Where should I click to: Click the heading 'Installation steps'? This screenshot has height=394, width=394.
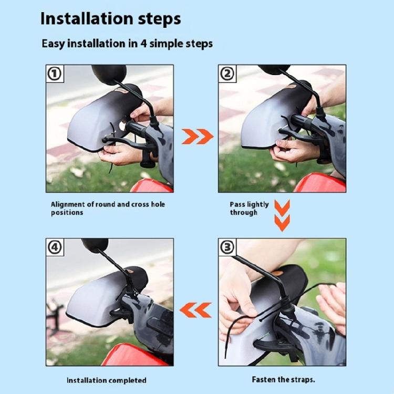point(110,18)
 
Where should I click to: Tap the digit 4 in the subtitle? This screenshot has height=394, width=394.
point(143,44)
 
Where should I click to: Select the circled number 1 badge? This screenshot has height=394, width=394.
point(55,74)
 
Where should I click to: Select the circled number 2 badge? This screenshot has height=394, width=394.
point(227,74)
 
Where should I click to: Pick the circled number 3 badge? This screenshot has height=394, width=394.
point(227,247)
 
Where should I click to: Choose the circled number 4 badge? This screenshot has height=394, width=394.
point(55,247)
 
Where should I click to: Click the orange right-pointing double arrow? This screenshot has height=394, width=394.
point(198,137)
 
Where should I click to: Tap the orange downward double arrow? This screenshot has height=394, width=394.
point(282,215)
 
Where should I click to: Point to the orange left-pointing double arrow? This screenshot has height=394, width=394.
point(195,310)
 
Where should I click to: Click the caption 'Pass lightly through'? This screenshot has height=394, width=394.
point(249,209)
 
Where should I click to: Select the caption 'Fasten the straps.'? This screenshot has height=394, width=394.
point(284,379)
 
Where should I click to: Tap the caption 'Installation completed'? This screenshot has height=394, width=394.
point(107,380)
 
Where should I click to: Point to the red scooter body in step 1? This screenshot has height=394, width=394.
point(152,185)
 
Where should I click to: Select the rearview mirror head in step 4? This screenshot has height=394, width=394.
point(95,245)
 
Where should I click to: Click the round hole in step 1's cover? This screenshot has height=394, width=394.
point(122,126)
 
